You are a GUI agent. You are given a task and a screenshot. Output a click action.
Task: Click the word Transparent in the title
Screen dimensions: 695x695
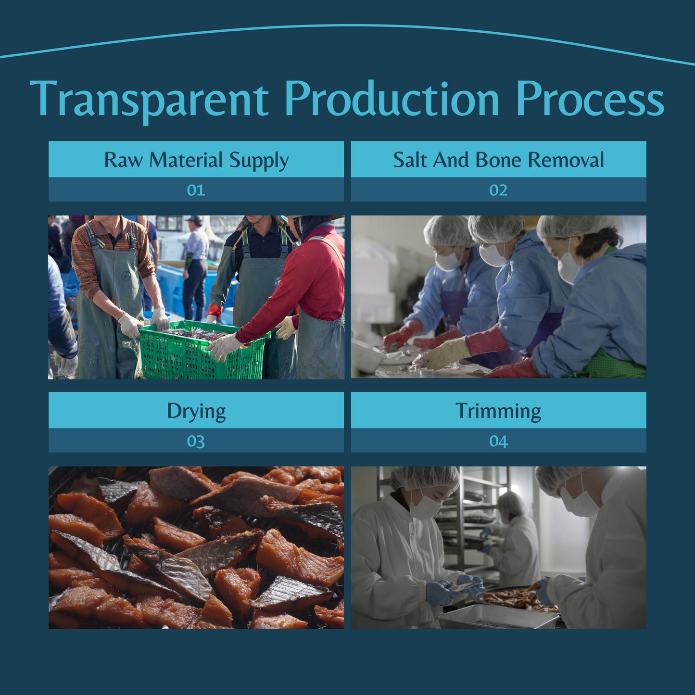[x=149, y=100]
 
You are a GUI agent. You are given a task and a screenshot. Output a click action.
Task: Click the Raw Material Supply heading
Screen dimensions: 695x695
[x=196, y=159]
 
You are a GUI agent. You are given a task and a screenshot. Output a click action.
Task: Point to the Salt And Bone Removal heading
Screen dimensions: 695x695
[x=498, y=159]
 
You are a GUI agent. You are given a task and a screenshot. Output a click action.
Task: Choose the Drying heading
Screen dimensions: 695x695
[x=196, y=411]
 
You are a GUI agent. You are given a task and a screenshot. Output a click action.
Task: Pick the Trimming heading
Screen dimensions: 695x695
[x=498, y=411]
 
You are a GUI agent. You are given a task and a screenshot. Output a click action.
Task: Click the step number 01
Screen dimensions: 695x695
[x=196, y=190]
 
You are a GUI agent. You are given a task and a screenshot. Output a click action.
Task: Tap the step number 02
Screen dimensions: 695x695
[x=498, y=190]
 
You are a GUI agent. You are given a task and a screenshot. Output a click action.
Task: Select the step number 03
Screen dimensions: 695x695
[x=196, y=441]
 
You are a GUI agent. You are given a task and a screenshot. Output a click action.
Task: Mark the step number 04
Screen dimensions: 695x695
[x=498, y=441]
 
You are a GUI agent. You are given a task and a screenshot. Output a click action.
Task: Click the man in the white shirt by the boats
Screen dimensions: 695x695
[x=195, y=267]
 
